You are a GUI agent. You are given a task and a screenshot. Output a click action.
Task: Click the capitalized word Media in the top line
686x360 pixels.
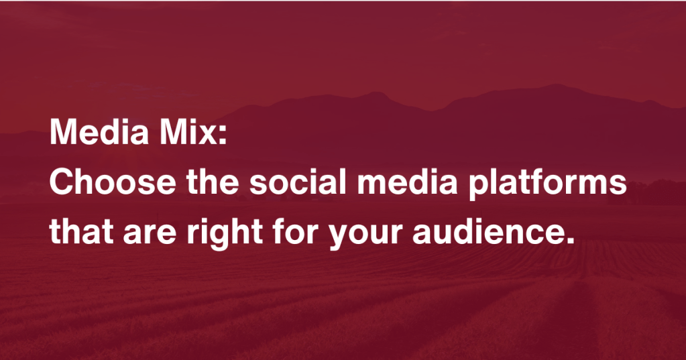99,131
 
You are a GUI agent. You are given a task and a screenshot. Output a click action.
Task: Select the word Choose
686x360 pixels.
113,181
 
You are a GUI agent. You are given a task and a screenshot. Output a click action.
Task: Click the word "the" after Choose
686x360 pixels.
213,181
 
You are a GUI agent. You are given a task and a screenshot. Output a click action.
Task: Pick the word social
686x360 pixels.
298,181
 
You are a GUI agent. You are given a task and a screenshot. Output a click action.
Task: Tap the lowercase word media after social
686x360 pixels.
407,181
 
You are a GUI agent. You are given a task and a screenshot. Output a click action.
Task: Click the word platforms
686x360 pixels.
547,184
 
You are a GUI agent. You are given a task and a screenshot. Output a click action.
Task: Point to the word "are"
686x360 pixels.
150,235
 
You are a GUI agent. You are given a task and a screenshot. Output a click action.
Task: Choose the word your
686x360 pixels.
365,237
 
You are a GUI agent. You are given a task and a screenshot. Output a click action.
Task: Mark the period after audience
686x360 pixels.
569,240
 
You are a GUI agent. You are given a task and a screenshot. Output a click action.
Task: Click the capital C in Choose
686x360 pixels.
62,181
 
